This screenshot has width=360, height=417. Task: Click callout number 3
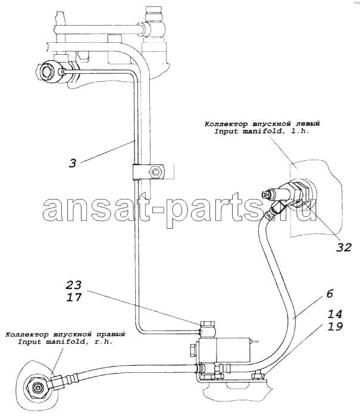point(73,163)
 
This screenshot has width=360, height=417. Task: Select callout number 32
point(343,247)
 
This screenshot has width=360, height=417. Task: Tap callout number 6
point(330,294)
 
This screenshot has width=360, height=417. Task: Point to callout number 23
point(74,285)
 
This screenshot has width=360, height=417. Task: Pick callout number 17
point(74,297)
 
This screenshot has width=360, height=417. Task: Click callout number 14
point(334,314)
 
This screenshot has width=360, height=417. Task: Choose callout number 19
point(334,326)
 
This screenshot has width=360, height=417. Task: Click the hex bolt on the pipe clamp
point(155,172)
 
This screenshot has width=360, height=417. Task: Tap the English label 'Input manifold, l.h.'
point(262,131)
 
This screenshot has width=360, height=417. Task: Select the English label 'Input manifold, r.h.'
point(65,341)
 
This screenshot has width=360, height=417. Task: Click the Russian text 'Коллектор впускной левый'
point(262,124)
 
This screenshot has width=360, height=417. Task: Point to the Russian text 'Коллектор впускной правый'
point(65,334)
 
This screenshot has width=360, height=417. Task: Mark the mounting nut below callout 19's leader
point(257,376)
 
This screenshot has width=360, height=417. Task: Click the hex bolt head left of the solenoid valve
point(193,349)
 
